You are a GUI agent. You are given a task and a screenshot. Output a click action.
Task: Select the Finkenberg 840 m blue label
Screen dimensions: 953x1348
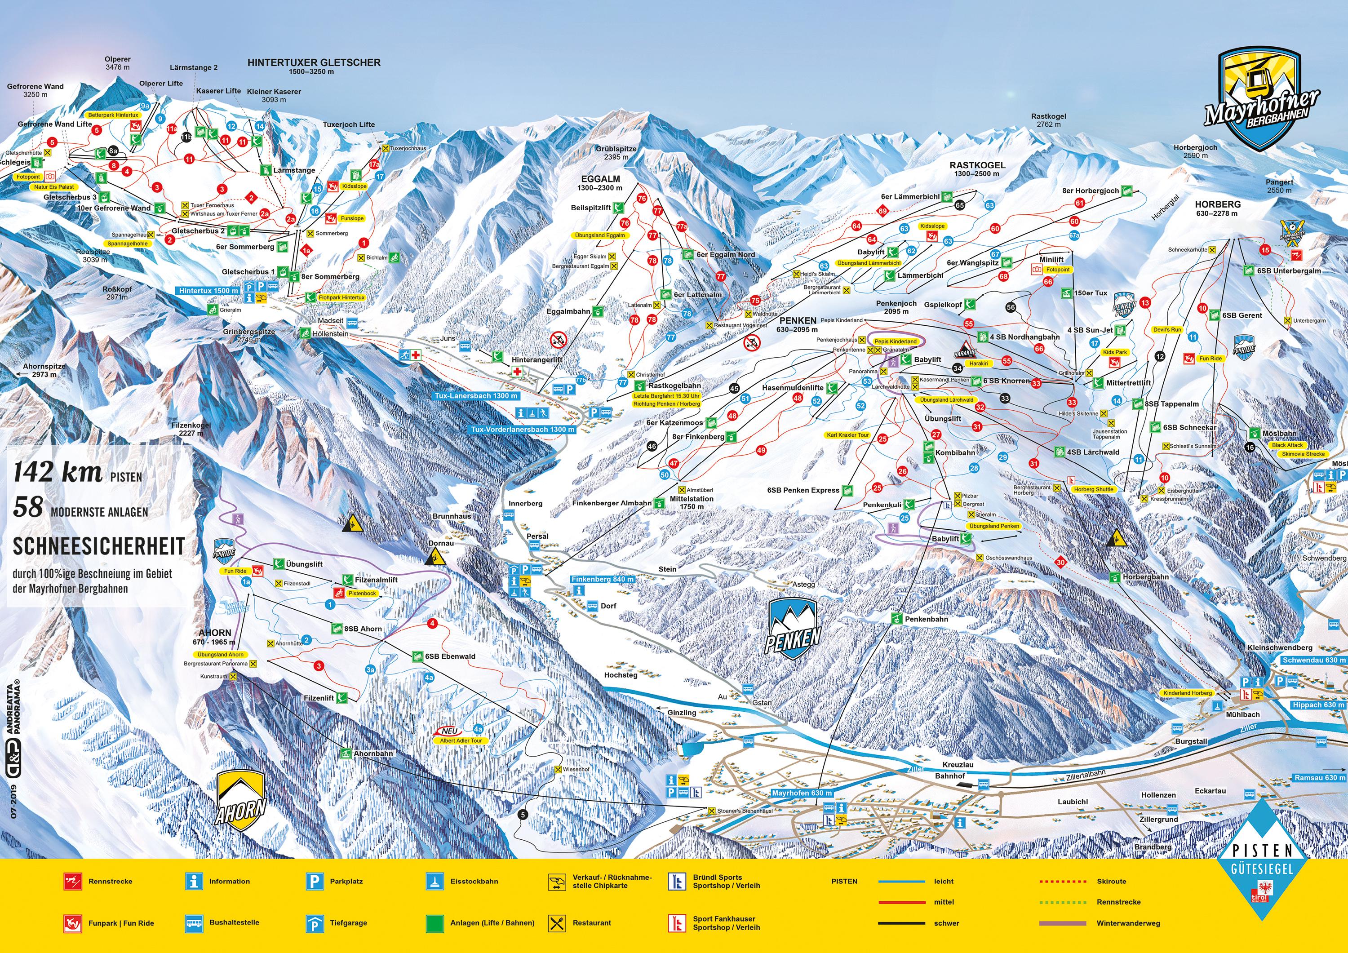pos(603,579)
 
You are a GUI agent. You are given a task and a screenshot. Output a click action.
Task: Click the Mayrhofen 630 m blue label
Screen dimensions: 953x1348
pos(802,793)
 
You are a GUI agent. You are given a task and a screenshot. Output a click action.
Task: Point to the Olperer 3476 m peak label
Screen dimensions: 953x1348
pos(117,63)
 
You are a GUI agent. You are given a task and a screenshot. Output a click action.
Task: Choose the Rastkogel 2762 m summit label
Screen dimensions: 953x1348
pos(1049,120)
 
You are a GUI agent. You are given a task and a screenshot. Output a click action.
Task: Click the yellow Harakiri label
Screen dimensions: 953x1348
pos(978,363)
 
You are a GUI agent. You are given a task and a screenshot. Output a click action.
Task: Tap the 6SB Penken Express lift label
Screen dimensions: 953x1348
pos(803,490)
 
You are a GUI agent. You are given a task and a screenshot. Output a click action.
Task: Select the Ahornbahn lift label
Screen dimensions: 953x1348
pos(373,754)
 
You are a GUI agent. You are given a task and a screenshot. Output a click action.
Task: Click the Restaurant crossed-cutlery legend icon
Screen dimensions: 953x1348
pos(557,923)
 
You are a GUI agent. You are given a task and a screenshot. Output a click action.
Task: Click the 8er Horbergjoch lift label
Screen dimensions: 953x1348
pos(1090,191)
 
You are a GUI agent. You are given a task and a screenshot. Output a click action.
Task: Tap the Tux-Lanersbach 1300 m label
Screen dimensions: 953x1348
pos(476,396)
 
